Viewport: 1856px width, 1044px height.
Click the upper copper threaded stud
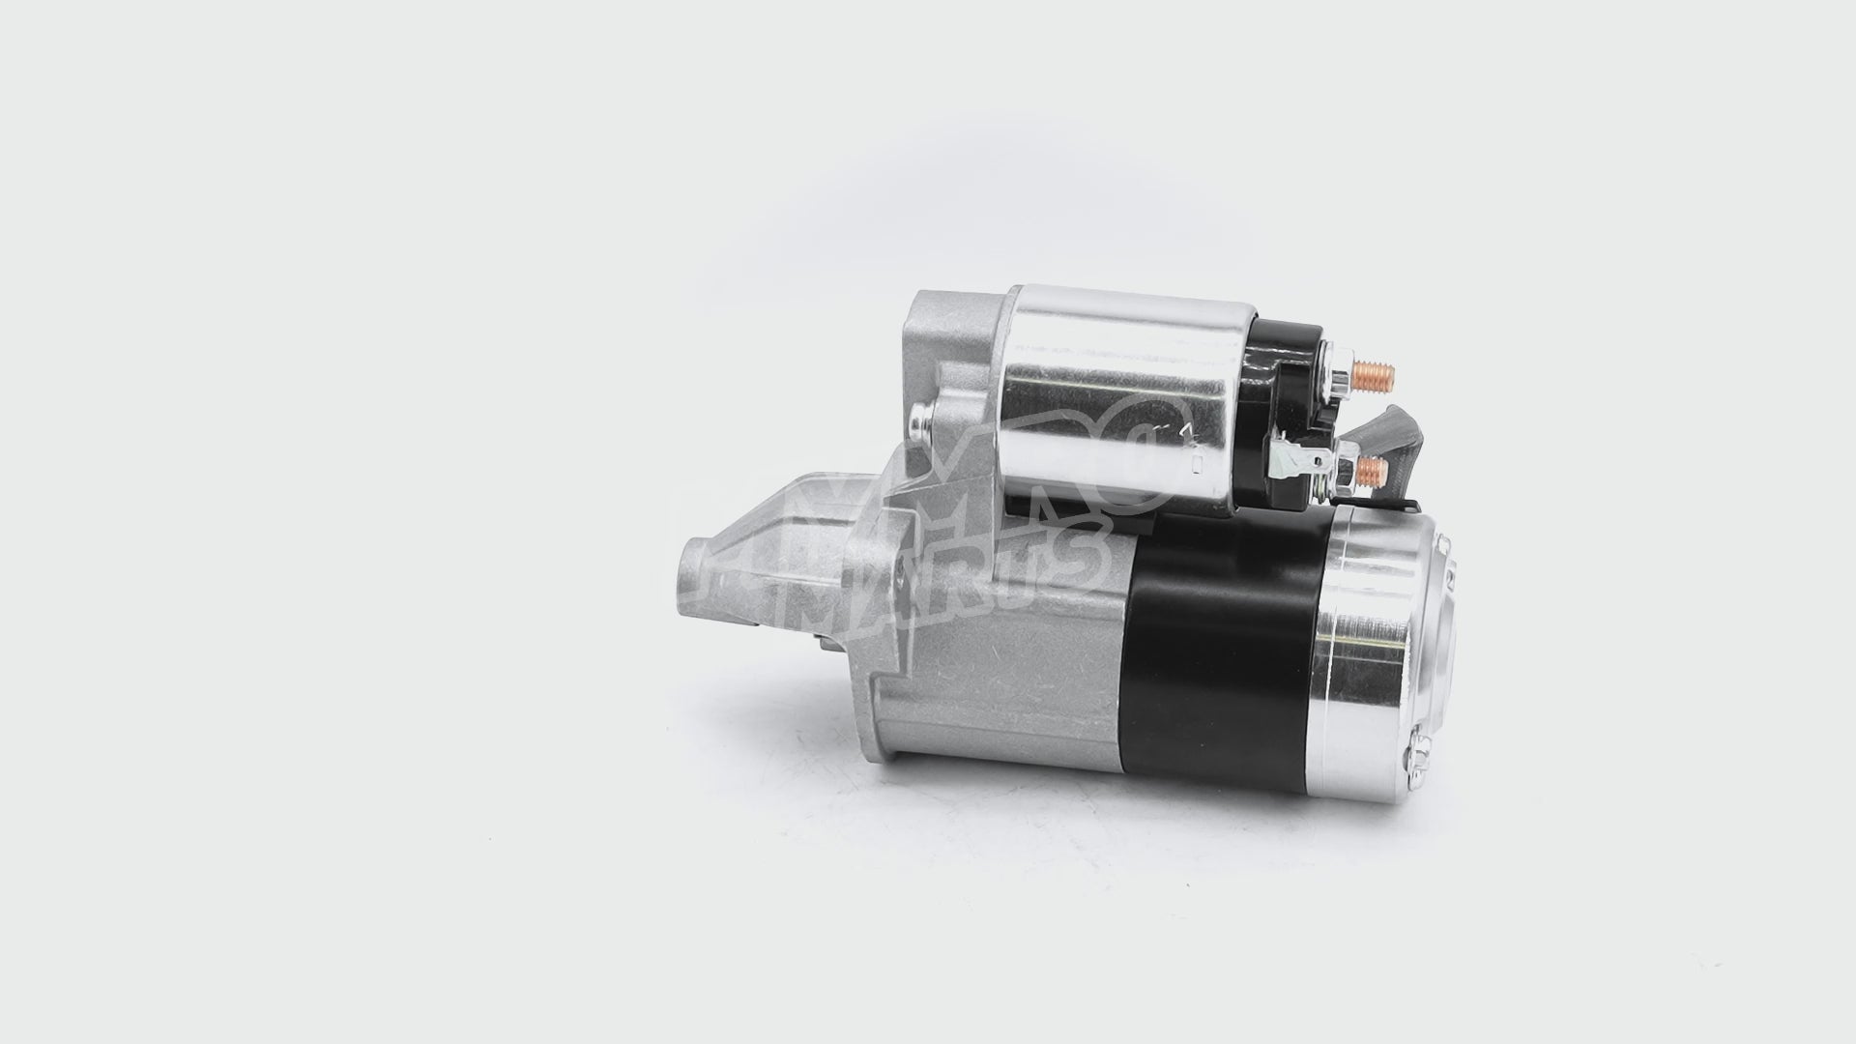coord(1373,375)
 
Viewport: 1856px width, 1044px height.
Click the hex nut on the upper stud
coord(1339,377)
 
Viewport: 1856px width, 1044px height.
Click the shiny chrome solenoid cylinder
coord(1121,387)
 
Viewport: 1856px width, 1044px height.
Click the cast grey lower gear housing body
coord(996,677)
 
